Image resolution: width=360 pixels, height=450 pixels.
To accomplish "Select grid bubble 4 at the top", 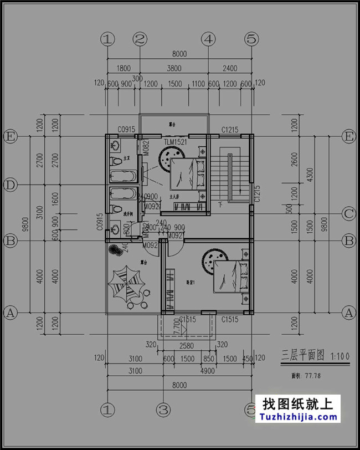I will (x=208, y=39).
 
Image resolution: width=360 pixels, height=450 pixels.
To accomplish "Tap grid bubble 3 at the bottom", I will (x=162, y=410).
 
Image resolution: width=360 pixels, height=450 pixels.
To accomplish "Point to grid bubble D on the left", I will (x=9, y=184).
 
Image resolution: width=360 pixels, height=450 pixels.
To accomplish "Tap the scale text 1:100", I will (x=340, y=356).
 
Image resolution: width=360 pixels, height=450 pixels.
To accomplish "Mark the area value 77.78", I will (x=314, y=376).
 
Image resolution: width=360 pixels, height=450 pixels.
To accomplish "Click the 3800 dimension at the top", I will (x=174, y=69).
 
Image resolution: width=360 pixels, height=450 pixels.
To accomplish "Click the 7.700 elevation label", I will (x=177, y=329).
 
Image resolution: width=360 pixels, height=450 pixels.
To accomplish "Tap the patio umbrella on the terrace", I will (x=126, y=284).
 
